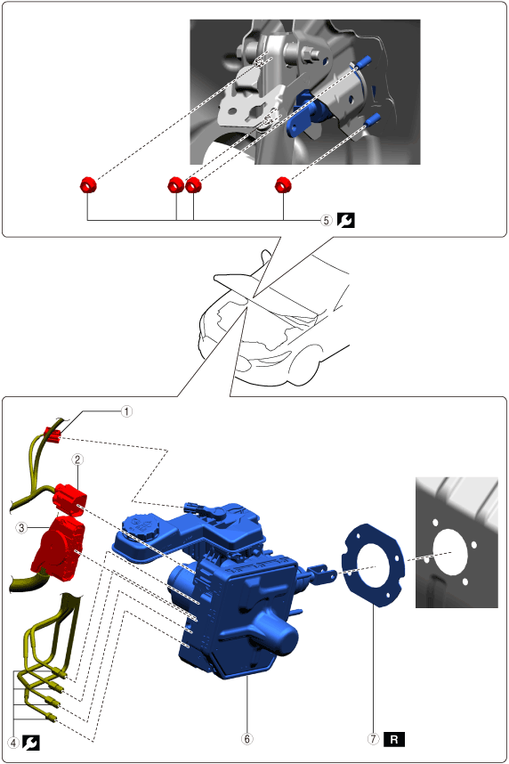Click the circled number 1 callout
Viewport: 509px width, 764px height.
[126, 411]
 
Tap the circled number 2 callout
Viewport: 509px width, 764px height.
[77, 459]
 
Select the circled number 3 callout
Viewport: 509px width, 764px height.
[21, 528]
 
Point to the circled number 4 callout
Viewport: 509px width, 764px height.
[13, 743]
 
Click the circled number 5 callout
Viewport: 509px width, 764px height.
[327, 220]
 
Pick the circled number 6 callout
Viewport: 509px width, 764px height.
[247, 739]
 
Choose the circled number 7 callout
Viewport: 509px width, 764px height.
[373, 739]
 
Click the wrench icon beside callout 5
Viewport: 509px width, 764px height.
[346, 220]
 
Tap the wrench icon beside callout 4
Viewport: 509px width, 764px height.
[30, 743]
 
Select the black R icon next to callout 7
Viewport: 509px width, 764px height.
[394, 739]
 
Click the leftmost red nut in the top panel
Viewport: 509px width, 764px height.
[88, 184]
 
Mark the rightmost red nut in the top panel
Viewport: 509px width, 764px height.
[282, 184]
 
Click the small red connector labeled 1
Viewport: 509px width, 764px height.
[53, 435]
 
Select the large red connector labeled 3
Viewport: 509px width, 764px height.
[56, 545]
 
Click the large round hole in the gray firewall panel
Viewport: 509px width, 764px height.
[450, 552]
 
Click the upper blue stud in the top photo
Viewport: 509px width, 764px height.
[363, 61]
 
